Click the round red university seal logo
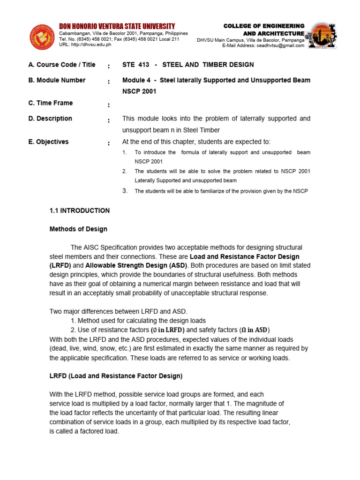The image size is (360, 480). pos(43,37)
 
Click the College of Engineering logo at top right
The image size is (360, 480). pos(324,35)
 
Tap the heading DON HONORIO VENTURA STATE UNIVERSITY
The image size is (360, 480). pos(117,26)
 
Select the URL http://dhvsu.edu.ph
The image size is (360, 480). pos(85,45)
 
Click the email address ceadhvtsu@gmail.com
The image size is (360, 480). pos(282,46)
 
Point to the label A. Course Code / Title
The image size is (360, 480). pos(62,65)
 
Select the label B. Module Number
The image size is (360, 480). pos(57,80)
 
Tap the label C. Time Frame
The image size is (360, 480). pos(51,103)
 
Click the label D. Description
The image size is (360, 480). pos(50,119)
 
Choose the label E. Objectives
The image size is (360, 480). pos(48,142)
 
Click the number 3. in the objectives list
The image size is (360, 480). pos(125,190)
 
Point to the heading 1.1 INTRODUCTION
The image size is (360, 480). pos(80,210)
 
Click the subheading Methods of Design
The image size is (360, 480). pos(78,229)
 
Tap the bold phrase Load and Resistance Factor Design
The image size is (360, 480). pos(244,256)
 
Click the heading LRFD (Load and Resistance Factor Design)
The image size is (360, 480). pos(116,376)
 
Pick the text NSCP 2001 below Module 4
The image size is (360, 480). pos(139,91)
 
